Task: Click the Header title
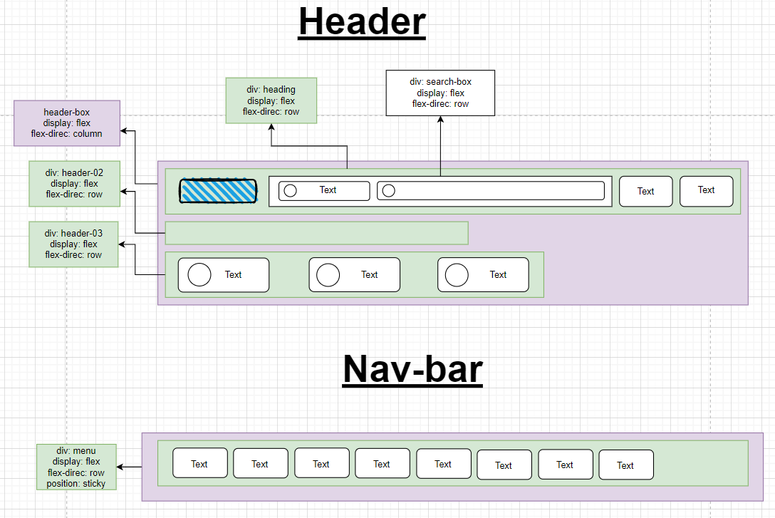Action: click(363, 22)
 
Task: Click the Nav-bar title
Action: click(412, 369)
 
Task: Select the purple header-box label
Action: click(67, 123)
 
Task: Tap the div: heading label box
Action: click(271, 100)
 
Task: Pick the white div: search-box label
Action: click(440, 93)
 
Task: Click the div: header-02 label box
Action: click(74, 183)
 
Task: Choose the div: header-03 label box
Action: click(73, 244)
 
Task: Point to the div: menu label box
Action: click(76, 467)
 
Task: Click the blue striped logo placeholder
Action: click(218, 191)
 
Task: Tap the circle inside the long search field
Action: click(389, 191)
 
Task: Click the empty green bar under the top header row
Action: click(316, 233)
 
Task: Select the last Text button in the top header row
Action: click(707, 191)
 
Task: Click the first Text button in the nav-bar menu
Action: click(200, 463)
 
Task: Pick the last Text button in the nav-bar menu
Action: click(626, 465)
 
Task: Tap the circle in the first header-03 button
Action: click(199, 275)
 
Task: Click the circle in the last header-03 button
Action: click(457, 275)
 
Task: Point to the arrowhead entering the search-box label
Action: click(440, 119)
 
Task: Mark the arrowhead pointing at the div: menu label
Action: click(120, 467)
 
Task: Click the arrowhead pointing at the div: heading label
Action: click(271, 127)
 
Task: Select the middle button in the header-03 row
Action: click(355, 275)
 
